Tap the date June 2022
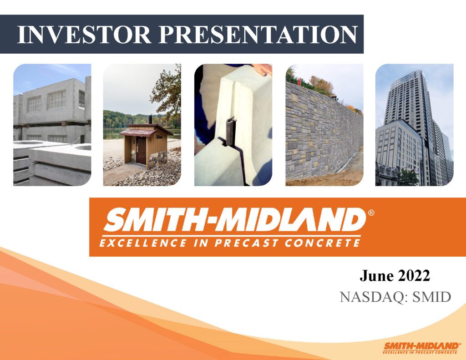tap(395, 276)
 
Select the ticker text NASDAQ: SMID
tap(395, 297)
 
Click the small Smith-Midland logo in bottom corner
tap(421, 347)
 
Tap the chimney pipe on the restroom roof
tap(150, 119)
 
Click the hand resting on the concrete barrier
tap(262, 69)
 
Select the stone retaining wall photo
tap(324, 132)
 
